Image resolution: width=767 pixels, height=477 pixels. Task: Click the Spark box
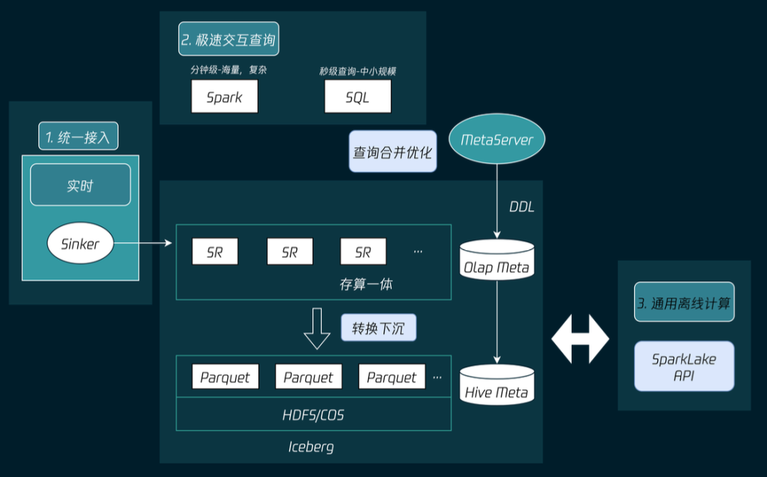click(x=224, y=97)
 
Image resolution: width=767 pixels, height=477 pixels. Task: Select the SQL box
click(x=357, y=97)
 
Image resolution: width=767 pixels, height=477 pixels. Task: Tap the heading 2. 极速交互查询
click(x=229, y=40)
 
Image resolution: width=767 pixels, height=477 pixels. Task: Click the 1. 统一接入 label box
click(x=78, y=136)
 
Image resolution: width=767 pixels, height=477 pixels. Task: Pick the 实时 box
click(x=80, y=186)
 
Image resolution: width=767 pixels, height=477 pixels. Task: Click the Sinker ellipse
click(x=80, y=244)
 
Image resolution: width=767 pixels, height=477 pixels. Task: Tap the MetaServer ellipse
click(x=497, y=139)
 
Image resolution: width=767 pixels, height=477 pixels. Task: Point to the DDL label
click(x=521, y=207)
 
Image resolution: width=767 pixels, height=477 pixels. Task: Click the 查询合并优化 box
click(x=393, y=151)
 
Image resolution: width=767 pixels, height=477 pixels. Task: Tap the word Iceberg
click(x=311, y=446)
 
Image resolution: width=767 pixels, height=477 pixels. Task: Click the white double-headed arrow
click(x=580, y=339)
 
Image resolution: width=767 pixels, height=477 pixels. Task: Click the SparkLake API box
click(x=684, y=366)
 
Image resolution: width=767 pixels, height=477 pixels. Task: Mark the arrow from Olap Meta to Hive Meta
click(x=496, y=320)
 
